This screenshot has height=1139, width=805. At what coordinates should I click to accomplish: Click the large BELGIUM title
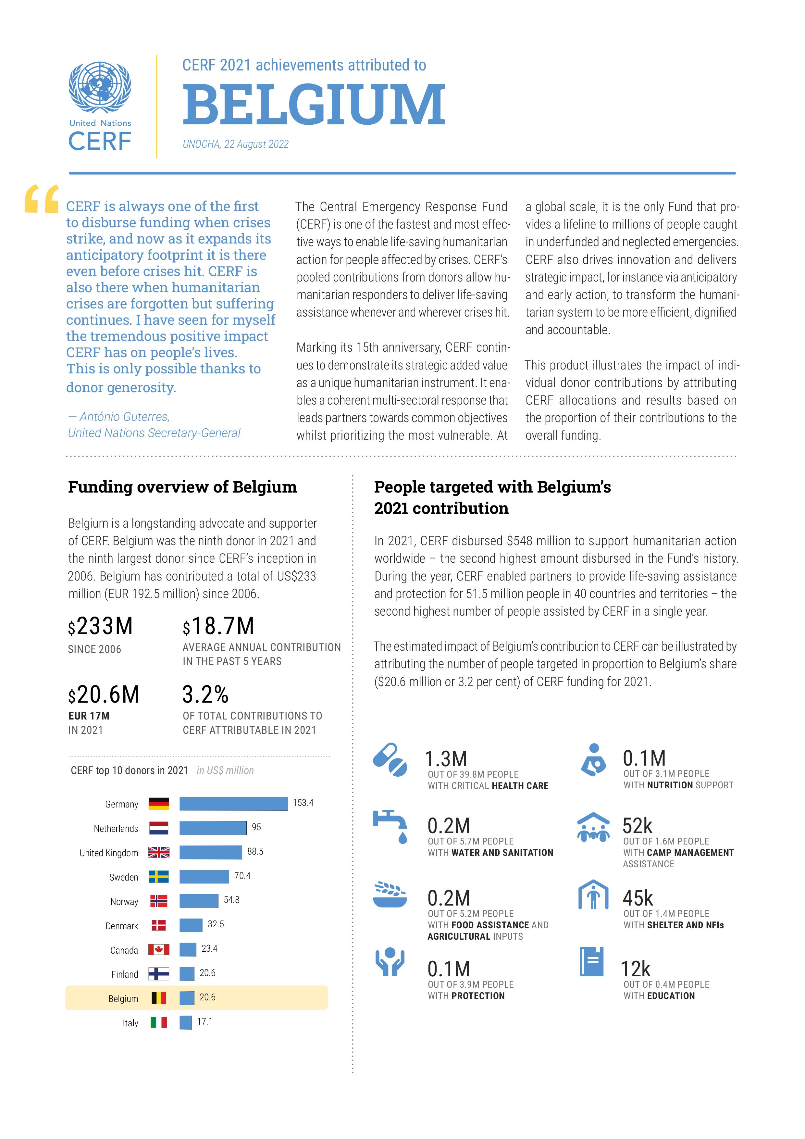click(x=314, y=105)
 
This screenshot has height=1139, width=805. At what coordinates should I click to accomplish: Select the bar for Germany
click(x=233, y=803)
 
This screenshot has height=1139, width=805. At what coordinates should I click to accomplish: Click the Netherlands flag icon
click(x=159, y=828)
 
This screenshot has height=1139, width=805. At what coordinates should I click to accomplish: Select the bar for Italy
click(x=185, y=1022)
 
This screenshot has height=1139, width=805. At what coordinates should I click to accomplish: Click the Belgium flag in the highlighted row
click(x=159, y=998)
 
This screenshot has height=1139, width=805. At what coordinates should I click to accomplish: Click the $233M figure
click(x=101, y=627)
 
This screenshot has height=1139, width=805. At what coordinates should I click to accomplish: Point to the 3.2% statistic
click(x=205, y=695)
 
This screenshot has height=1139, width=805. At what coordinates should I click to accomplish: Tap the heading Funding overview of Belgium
click(x=182, y=487)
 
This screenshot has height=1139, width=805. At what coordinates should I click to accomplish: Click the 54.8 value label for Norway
click(x=231, y=900)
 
